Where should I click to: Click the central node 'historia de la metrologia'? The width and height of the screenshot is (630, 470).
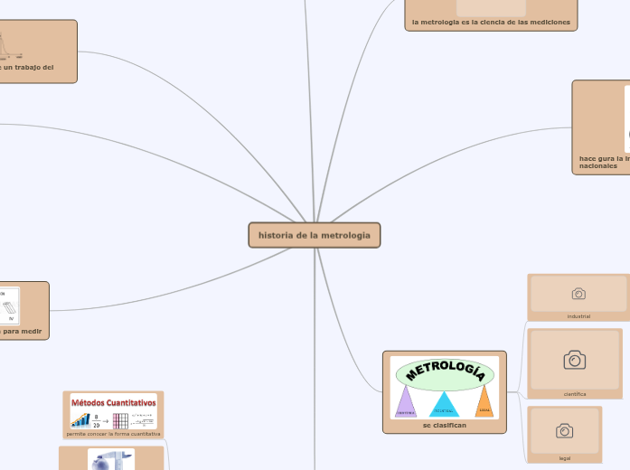(315, 235)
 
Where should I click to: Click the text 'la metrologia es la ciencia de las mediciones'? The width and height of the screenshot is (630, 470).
(491, 23)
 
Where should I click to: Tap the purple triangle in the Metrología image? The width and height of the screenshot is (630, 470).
(406, 402)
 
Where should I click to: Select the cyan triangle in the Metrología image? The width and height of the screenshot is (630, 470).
(444, 404)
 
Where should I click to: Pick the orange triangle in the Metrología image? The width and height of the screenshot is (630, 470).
(484, 400)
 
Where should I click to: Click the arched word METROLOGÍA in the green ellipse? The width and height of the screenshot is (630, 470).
(446, 371)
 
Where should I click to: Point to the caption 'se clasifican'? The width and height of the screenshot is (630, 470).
(445, 425)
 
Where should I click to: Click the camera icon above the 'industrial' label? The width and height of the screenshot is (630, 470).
(578, 294)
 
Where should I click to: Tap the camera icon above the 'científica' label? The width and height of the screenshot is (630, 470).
(574, 361)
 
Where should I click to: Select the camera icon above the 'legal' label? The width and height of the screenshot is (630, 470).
(564, 430)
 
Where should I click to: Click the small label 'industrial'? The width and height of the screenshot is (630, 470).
(578, 316)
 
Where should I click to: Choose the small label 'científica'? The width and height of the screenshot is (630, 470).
(575, 394)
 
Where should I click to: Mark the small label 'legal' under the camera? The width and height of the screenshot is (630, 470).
(564, 458)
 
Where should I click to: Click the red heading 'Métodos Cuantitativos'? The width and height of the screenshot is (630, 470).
(114, 402)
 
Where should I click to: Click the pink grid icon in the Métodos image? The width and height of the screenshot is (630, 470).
(120, 420)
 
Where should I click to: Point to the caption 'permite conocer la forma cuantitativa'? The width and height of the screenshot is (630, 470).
(114, 434)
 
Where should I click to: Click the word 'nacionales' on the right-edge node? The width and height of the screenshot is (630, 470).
(598, 166)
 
